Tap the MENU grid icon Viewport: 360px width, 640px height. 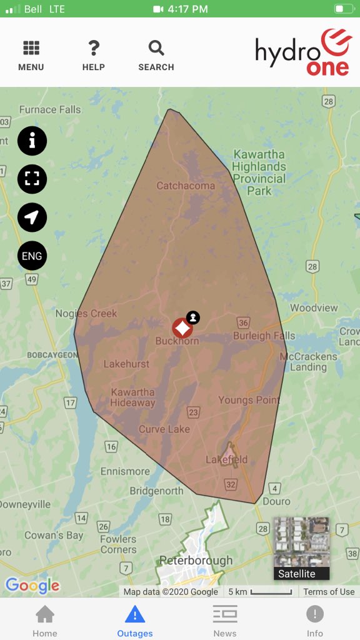point(31,49)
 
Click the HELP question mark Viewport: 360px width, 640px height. point(94,49)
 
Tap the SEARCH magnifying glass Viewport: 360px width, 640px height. point(156,49)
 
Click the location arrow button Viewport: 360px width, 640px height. point(32,217)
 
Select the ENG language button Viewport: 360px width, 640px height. point(32,256)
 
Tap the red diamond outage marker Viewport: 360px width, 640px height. point(182,327)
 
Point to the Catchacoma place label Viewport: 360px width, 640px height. point(186,186)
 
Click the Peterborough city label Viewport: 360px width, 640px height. point(196,561)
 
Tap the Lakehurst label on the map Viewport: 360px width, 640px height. point(126,364)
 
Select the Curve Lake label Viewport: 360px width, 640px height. point(164,429)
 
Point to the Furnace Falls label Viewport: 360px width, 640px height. point(50,109)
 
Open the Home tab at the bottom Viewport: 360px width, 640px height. point(45,621)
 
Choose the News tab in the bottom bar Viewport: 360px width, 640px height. point(225,621)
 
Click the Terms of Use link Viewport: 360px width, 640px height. point(329,592)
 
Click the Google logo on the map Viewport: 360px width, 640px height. point(32,586)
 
